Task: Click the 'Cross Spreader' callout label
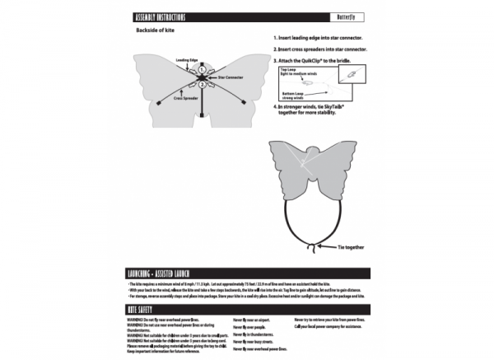pyautogui.click(x=185, y=98)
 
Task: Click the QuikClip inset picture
pyautogui.click(x=349, y=74)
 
